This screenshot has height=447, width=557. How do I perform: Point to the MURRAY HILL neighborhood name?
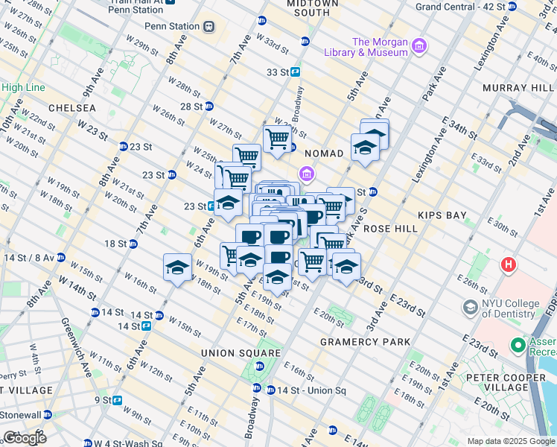pos(515,88)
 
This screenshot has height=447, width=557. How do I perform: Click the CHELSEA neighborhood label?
pos(72,108)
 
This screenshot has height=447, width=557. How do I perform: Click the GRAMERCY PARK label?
pos(365,342)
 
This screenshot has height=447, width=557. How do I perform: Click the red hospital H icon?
pos(509,264)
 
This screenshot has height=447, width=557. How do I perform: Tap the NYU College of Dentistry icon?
pos(471,306)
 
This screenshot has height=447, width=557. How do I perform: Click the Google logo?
pos(25,437)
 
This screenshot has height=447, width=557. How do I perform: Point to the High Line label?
pos(23,87)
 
